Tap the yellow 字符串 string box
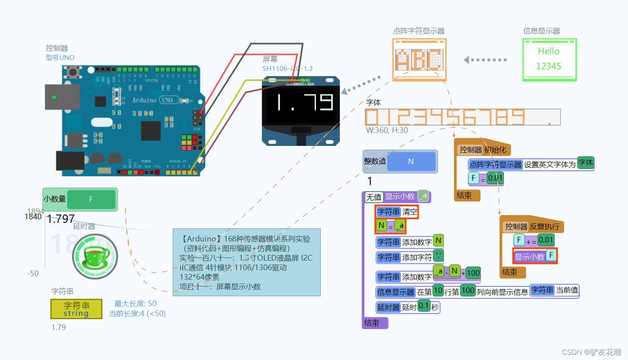(76, 309)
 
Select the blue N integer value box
(411, 162)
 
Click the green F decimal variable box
(91, 199)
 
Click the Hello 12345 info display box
(549, 59)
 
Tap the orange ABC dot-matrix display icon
(419, 59)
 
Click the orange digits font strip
(463, 117)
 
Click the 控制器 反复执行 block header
(531, 226)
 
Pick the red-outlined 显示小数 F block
(535, 256)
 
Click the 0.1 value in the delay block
(423, 306)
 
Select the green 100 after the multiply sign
(473, 273)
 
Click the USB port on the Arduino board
(62, 97)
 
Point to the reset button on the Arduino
(79, 72)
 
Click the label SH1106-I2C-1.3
(287, 69)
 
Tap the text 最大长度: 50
(135, 304)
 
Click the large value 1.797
(61, 219)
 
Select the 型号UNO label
(60, 57)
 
